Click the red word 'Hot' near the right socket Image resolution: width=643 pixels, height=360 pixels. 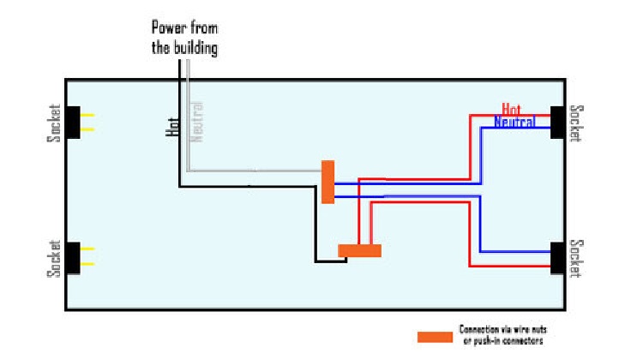512,109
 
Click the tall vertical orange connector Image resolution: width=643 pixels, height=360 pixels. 328,182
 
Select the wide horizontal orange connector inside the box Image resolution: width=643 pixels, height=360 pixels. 359,250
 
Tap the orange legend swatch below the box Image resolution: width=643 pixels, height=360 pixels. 434,336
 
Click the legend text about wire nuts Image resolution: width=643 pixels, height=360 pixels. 502,334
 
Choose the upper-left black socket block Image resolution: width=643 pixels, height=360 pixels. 74,123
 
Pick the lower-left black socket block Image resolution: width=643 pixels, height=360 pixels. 74,257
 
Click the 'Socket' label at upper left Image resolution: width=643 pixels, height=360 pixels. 55,123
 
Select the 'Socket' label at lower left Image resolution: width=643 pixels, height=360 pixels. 55,257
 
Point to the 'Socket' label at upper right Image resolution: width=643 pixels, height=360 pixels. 579,123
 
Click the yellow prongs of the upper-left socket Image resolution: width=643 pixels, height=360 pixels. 87,123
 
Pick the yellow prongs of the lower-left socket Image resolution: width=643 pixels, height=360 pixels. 87,257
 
